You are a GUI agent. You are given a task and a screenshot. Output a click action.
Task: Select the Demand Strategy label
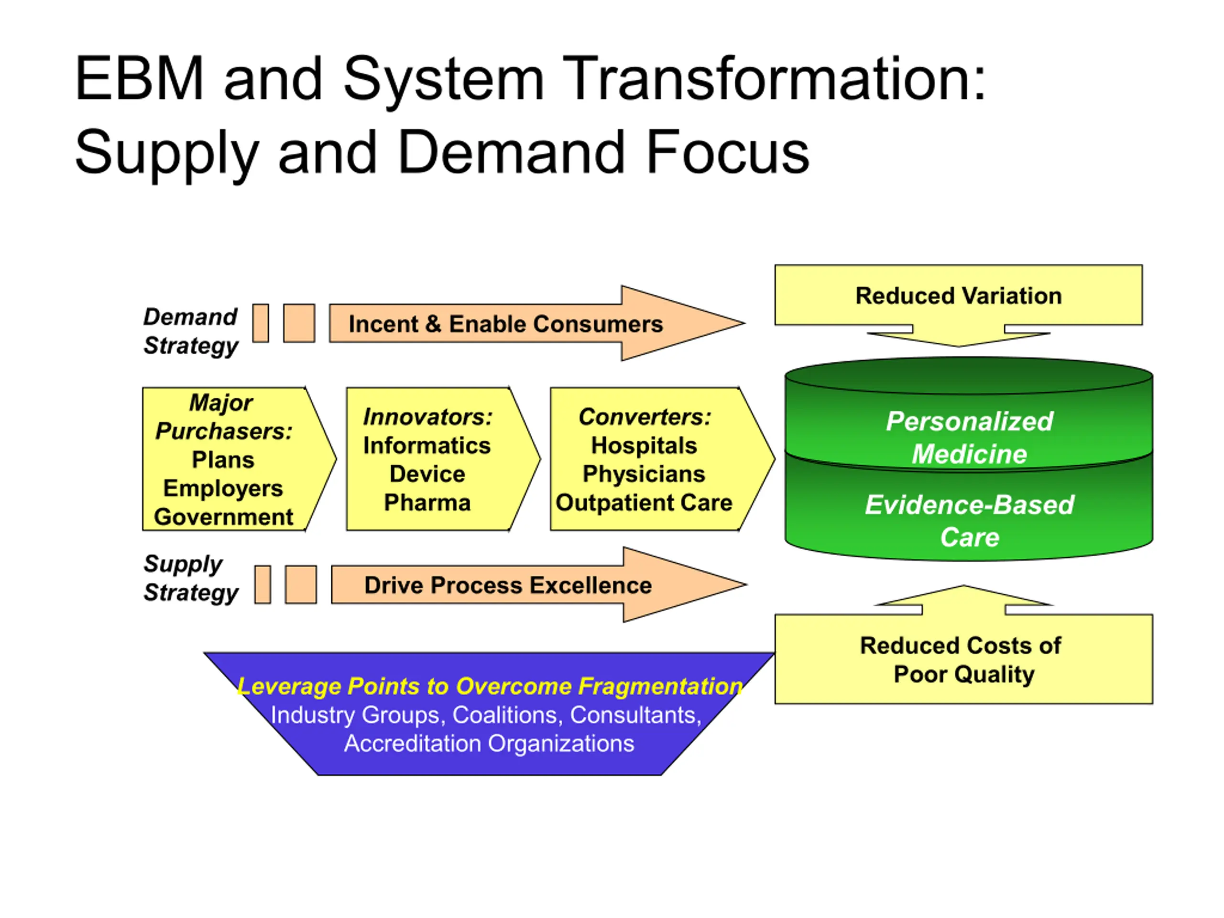(190, 331)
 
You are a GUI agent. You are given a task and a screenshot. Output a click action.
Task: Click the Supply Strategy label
(190, 578)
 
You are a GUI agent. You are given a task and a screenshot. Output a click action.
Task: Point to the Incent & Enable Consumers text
(505, 324)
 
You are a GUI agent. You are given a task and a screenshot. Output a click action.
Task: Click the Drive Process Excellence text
(508, 585)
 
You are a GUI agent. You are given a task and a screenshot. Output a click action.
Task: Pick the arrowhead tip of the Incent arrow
(744, 323)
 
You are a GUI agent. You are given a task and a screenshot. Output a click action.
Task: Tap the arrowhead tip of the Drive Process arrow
(746, 584)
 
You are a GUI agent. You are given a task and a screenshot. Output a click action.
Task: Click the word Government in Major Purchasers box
(224, 517)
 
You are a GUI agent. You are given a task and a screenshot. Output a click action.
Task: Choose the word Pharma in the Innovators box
(427, 503)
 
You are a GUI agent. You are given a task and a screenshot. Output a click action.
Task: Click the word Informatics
(427, 446)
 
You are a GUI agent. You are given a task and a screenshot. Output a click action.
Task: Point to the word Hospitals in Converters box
(644, 446)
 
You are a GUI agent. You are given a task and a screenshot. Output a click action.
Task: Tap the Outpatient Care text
(644, 503)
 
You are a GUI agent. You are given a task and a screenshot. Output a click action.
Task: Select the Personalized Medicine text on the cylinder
(970, 437)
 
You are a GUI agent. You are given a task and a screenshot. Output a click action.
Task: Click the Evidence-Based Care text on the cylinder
(970, 521)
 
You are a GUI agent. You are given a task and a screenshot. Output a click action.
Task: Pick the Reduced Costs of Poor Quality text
(962, 660)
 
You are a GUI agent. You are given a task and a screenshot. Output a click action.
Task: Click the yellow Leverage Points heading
(490, 686)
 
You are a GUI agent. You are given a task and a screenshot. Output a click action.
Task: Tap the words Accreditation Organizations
(489, 743)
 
